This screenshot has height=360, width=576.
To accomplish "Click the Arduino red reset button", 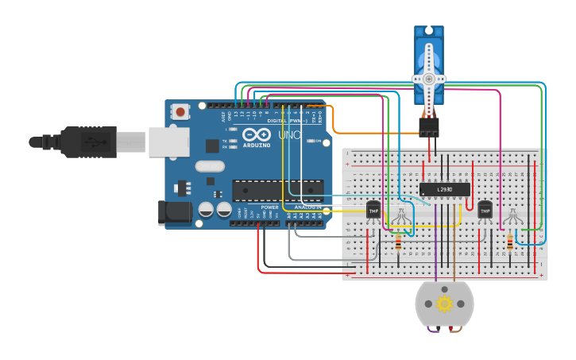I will [180, 112].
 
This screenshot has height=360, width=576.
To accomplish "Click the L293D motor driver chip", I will [445, 189].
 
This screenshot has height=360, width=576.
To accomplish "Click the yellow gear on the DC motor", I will [444, 304].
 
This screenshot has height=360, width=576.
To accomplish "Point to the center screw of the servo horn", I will [429, 79].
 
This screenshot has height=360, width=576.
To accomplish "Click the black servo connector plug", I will [429, 126].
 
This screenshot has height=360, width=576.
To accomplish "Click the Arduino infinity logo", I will [257, 135].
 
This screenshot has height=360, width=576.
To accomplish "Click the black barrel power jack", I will [173, 211].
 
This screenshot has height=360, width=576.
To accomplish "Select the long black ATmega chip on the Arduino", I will [277, 190].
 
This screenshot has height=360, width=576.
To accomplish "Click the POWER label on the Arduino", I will [269, 207].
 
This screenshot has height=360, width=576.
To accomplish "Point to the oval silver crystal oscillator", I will [209, 166].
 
